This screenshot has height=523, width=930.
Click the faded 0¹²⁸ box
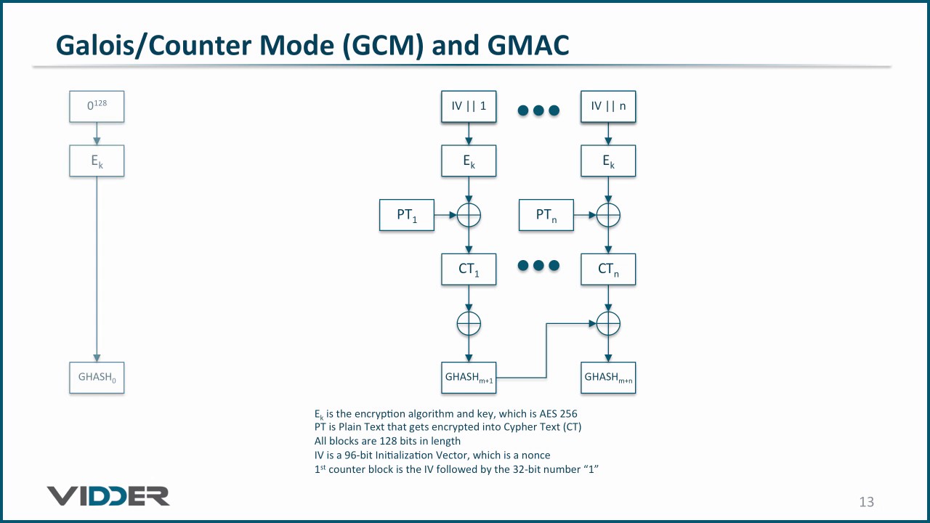click(x=97, y=106)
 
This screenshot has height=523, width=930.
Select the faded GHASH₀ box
click(x=97, y=378)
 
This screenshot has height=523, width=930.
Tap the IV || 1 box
click(x=469, y=106)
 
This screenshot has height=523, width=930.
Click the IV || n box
click(x=608, y=106)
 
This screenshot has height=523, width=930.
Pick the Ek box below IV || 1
click(x=469, y=161)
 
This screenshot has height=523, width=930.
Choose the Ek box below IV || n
click(x=608, y=161)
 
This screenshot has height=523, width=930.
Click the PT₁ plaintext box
click(x=407, y=215)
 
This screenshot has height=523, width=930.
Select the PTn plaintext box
click(x=546, y=215)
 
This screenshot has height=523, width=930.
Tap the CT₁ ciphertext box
click(x=469, y=269)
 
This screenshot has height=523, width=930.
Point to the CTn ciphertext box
click(x=608, y=269)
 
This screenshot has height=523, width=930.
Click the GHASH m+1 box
click(x=469, y=378)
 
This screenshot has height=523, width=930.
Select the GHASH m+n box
click(x=608, y=378)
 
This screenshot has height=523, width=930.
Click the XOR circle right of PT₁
click(x=469, y=215)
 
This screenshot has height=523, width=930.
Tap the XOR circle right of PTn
click(x=608, y=215)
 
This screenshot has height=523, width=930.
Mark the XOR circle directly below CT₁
click(x=469, y=323)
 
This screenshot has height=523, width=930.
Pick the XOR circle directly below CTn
click(x=608, y=323)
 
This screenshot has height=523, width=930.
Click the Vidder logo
click(x=108, y=496)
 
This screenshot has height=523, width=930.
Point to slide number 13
click(x=866, y=502)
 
